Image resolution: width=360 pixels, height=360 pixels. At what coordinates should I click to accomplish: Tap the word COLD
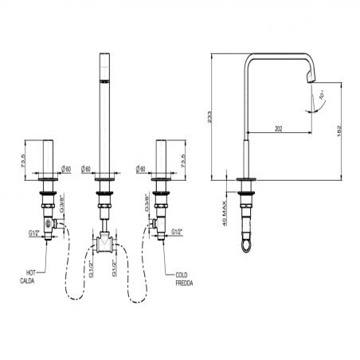click(182, 273)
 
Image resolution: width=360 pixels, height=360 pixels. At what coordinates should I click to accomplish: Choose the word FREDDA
click(186, 280)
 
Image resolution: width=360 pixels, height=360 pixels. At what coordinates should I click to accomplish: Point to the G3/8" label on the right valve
click(146, 202)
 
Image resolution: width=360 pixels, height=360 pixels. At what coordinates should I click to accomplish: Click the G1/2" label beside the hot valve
click(33, 233)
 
